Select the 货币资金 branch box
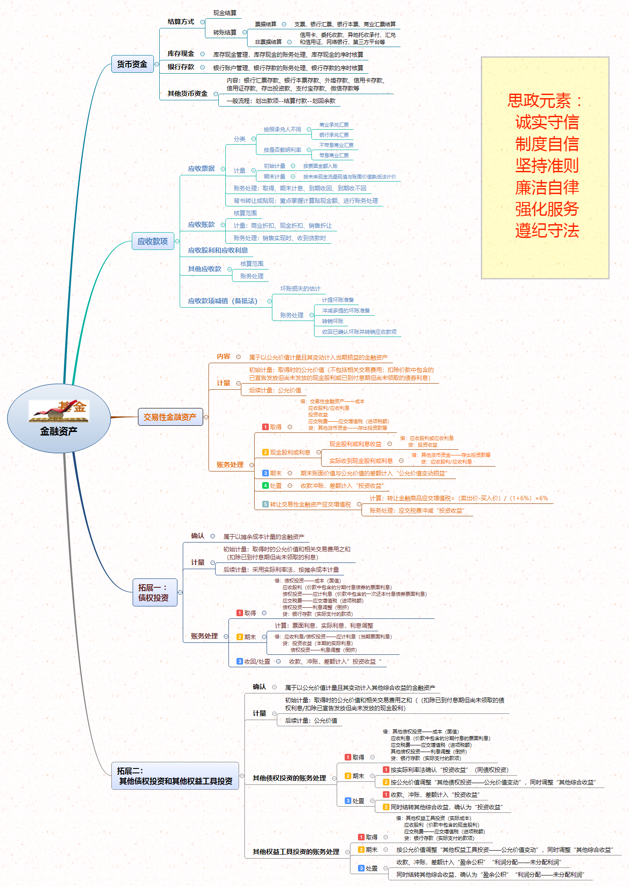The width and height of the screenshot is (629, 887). (x=132, y=64)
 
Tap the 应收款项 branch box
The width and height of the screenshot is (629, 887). (x=153, y=242)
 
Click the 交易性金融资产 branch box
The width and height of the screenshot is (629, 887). (x=170, y=417)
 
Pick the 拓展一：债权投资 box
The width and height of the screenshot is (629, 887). (x=154, y=593)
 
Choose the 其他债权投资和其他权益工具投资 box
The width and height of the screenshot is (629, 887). (x=175, y=776)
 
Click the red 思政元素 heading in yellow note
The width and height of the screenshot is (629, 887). (x=544, y=101)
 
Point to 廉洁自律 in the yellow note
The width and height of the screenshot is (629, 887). (x=547, y=187)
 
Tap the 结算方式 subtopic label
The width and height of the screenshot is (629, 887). (x=181, y=22)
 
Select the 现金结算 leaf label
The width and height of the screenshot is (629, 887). (x=225, y=13)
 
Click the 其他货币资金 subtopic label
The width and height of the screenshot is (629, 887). (x=188, y=94)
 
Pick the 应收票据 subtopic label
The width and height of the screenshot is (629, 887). (x=201, y=169)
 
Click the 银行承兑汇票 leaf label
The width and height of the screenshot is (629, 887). (x=334, y=135)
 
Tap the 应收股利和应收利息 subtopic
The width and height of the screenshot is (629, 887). (x=218, y=250)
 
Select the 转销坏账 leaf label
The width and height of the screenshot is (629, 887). (x=333, y=321)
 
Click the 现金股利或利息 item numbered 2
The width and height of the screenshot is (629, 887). (x=290, y=452)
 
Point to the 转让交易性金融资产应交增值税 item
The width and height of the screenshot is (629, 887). (x=310, y=504)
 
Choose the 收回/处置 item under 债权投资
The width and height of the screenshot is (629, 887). (x=257, y=661)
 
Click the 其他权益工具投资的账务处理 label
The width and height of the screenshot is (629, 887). (x=296, y=852)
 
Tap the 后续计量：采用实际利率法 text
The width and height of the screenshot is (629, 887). (x=281, y=570)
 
